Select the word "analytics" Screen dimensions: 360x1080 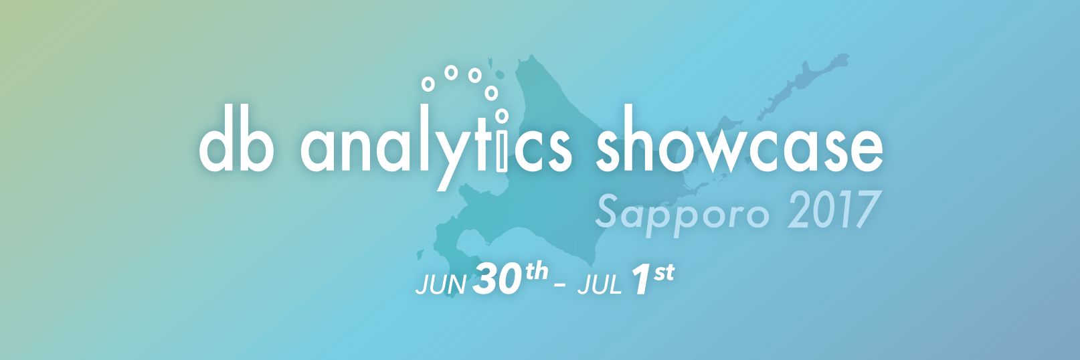pyautogui.click(x=436, y=147)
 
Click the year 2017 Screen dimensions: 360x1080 pyautogui.click(x=832, y=211)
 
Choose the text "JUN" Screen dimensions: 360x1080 pyautogui.click(x=440, y=284)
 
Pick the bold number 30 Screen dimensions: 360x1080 pyautogui.click(x=497, y=279)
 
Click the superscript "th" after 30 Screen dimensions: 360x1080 pyautogui.click(x=537, y=272)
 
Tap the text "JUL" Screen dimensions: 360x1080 pyautogui.click(x=599, y=285)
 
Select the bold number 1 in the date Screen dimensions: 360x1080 pyautogui.click(x=640, y=280)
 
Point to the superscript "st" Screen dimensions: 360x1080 pyautogui.click(x=664, y=273)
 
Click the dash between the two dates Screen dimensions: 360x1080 pyautogui.click(x=560, y=287)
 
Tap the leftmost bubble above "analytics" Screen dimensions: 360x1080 pyautogui.click(x=428, y=84)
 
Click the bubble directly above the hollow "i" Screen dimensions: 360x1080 pyautogui.click(x=502, y=116)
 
